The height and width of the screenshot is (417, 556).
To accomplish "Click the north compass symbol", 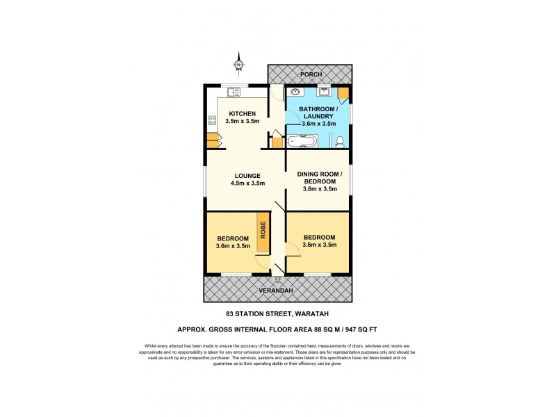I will coord(238,65).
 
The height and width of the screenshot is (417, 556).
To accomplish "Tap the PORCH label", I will coord(311,74).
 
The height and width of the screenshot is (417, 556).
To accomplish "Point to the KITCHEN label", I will coord(242,114).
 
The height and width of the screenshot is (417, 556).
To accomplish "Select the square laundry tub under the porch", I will coord(325,91).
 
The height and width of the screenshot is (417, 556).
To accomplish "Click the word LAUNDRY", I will coord(318,116).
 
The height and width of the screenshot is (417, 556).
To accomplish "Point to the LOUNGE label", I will coord(247,175).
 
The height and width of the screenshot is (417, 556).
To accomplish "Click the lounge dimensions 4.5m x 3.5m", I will coord(247,184).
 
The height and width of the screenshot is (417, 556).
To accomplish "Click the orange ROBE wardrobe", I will coord(263,229).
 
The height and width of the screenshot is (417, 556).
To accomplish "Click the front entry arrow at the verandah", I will coord(277,279).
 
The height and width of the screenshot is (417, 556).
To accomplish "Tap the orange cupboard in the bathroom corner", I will coord(343,93).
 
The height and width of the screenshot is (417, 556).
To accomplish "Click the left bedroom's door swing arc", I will coord(261,263).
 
